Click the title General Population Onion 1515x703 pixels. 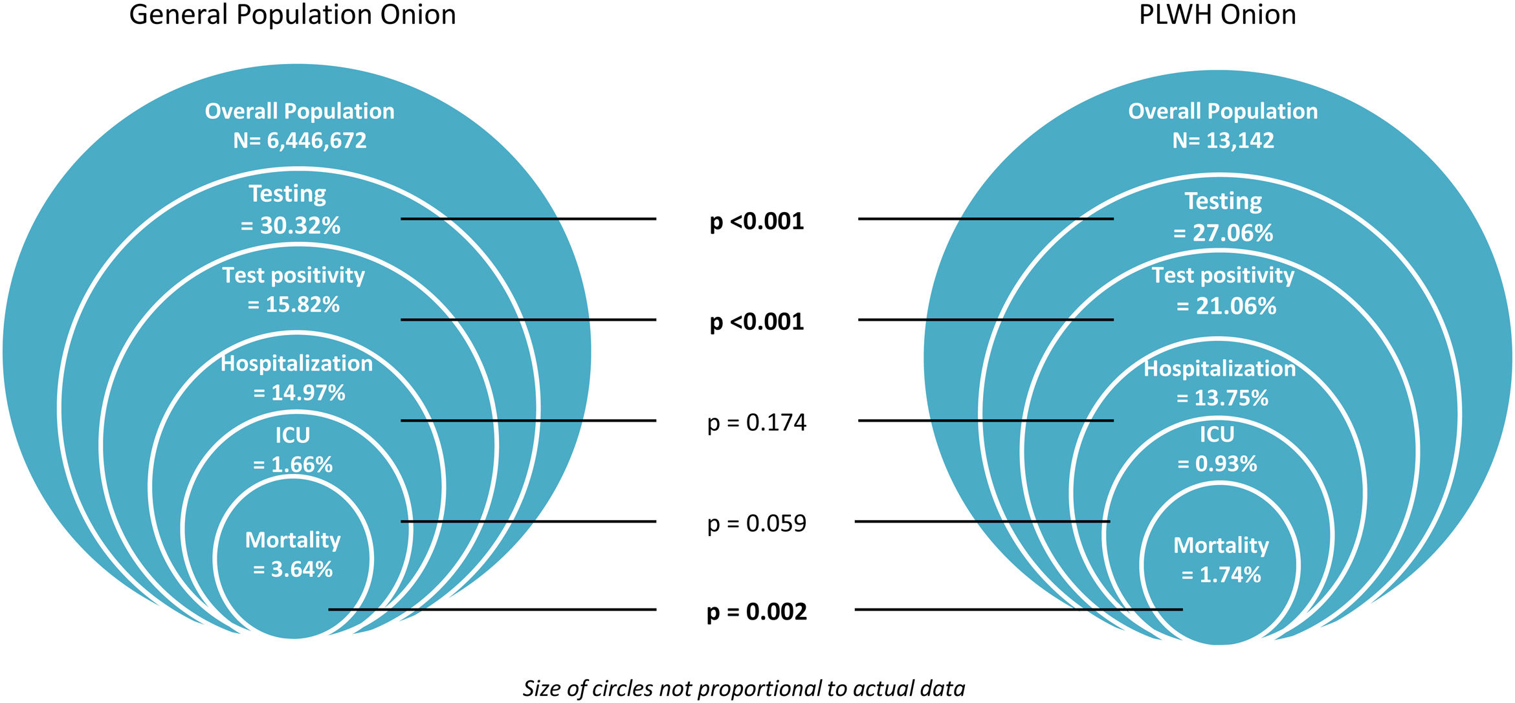(293, 15)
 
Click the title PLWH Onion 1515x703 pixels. (1217, 15)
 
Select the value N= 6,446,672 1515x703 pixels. (300, 140)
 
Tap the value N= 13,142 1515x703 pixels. (1222, 140)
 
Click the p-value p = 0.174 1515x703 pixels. (757, 423)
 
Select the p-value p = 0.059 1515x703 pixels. (757, 523)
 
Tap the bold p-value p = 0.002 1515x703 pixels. (757, 612)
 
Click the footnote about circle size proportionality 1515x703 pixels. (744, 688)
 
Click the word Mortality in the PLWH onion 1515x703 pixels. (1221, 545)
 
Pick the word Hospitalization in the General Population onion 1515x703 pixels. (296, 363)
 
